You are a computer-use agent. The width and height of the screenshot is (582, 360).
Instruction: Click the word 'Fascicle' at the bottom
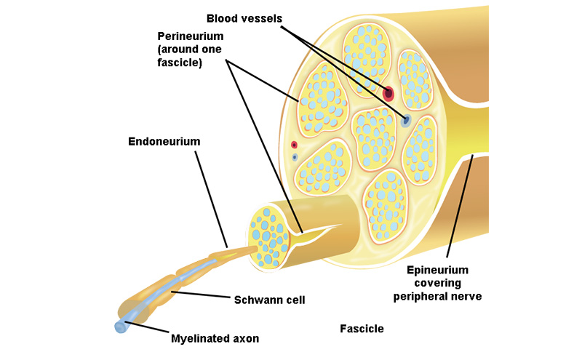click(362, 329)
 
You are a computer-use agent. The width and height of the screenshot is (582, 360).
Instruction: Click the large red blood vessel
click(388, 93)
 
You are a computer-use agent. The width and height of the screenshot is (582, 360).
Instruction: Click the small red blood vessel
click(294, 145)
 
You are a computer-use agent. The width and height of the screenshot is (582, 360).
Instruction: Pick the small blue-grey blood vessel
click(294, 156)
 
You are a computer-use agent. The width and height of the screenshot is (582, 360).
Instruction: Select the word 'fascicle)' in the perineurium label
click(179, 63)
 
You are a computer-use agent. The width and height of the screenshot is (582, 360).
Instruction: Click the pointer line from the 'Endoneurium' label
click(211, 196)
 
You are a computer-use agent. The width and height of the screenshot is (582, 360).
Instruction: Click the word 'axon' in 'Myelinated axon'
click(245, 338)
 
